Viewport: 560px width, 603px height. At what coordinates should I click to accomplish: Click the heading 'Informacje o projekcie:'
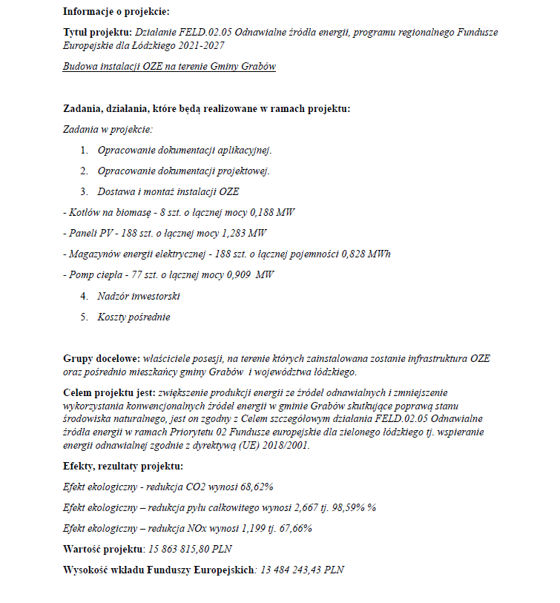click(116, 11)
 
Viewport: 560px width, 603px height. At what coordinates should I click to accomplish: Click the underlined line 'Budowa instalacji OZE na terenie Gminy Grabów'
click(169, 67)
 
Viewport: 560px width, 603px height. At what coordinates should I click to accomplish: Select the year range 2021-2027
click(199, 46)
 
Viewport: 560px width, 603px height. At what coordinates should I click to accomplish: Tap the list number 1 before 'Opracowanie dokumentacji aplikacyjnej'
click(84, 151)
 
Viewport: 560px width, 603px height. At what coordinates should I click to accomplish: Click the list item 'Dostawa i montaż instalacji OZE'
click(168, 191)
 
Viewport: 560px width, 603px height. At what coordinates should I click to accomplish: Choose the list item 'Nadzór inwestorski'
click(139, 296)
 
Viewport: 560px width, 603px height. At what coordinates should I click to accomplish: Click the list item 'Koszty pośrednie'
click(134, 317)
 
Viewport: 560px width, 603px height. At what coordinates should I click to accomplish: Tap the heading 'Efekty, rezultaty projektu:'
click(122, 466)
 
